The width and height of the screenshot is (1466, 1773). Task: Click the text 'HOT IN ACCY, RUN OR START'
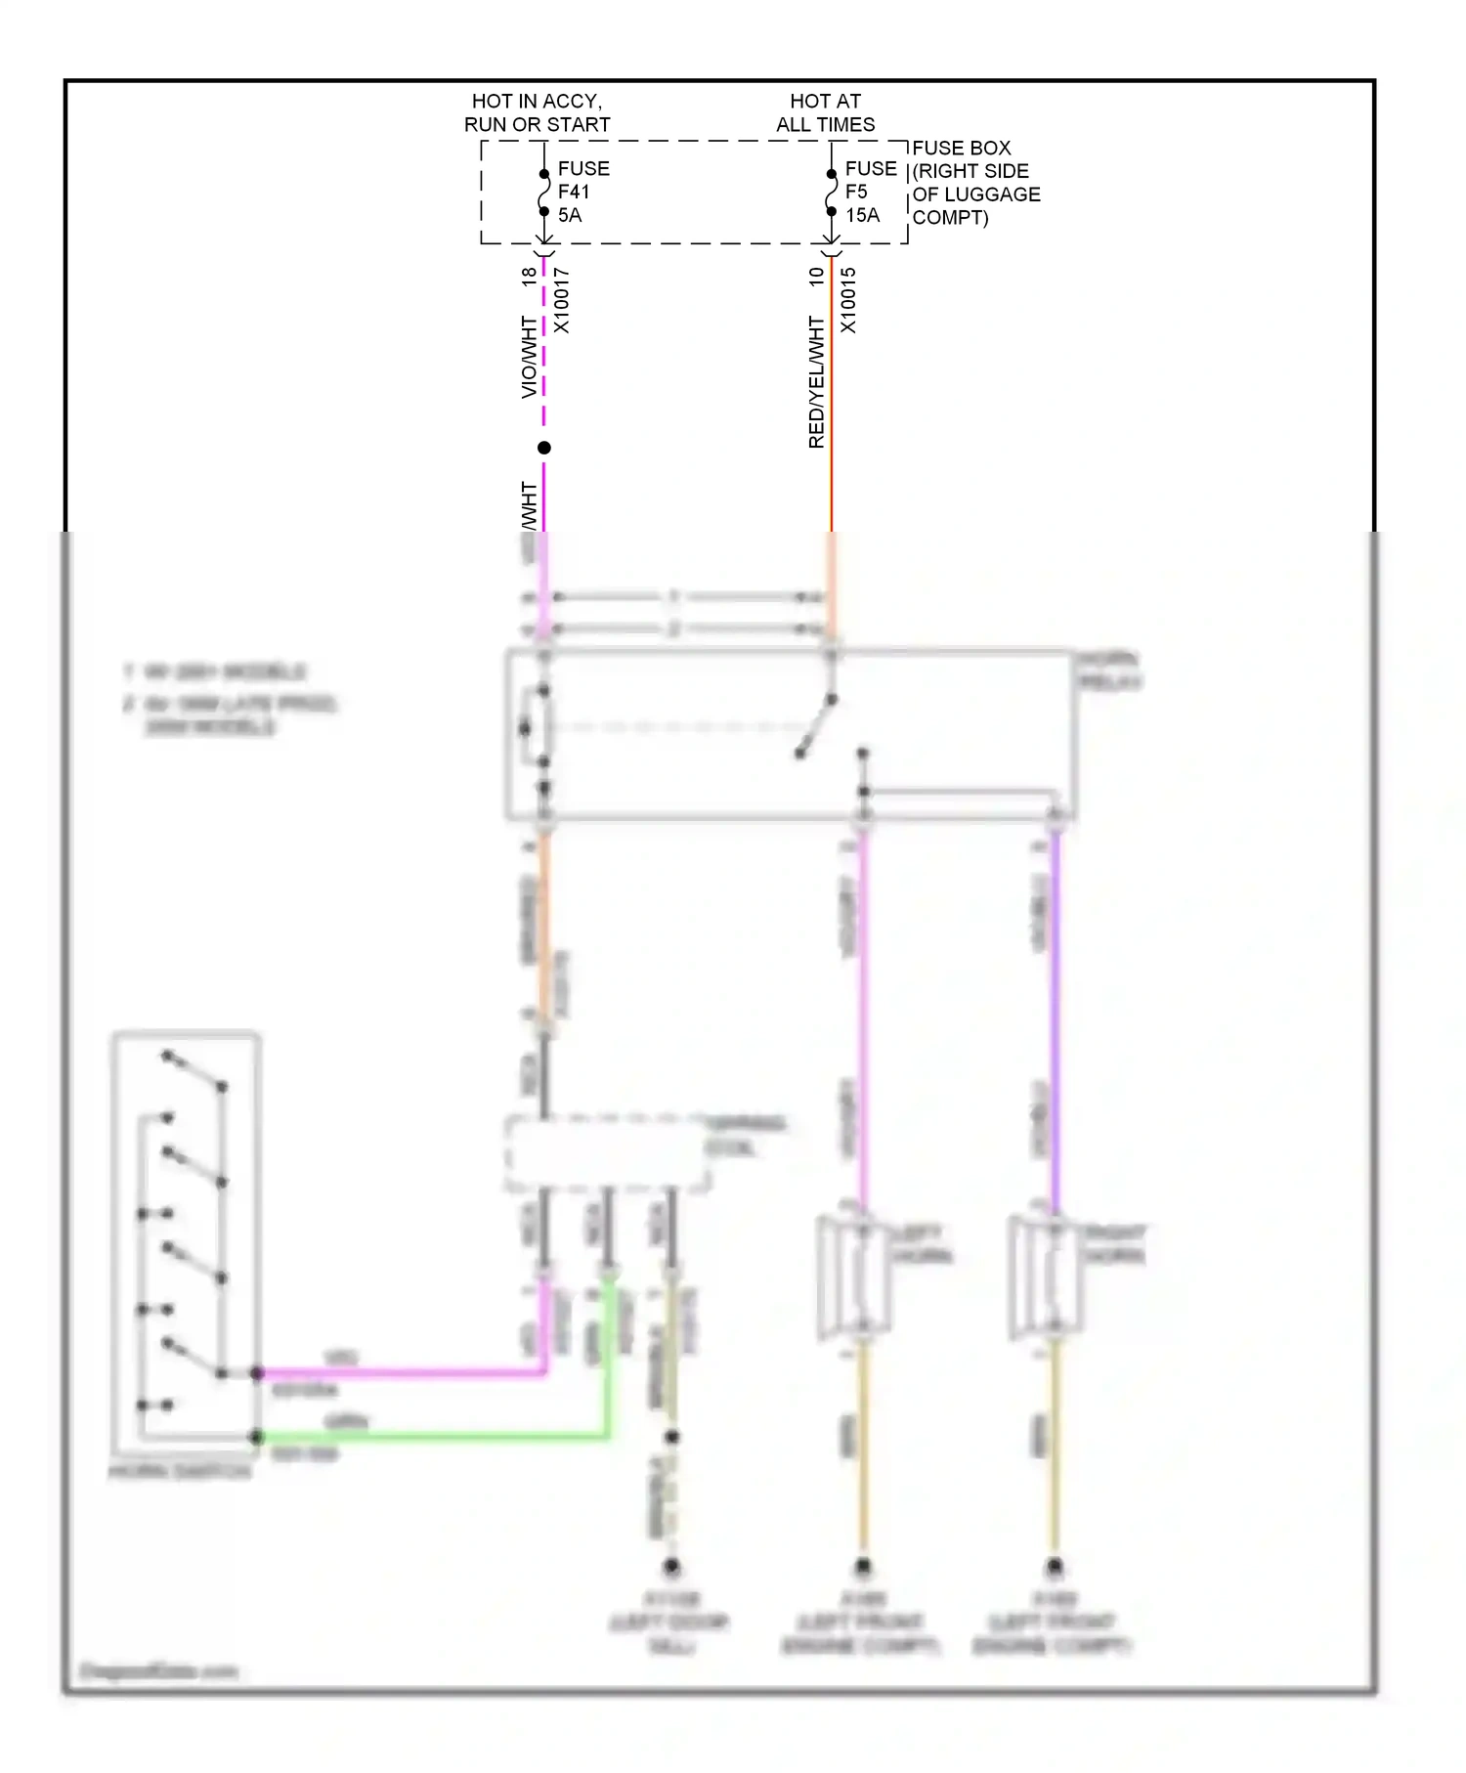point(537,112)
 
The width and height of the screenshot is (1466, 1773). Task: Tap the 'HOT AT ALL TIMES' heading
point(825,112)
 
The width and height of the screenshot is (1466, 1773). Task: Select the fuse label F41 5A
point(582,192)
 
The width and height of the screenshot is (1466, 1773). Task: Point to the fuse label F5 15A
point(870,192)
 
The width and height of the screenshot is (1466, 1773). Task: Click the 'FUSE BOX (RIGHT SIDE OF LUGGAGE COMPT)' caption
point(975,183)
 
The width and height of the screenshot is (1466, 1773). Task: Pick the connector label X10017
point(562,300)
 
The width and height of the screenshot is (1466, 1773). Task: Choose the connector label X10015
point(848,300)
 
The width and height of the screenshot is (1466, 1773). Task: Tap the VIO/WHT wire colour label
point(529,357)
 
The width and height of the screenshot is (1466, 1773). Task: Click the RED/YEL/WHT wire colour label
point(817,382)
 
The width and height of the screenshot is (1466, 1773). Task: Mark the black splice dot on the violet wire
point(544,448)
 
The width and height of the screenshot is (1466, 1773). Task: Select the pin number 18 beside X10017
point(529,277)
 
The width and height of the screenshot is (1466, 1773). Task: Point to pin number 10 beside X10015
point(817,277)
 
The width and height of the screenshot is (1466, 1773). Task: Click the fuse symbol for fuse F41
point(544,193)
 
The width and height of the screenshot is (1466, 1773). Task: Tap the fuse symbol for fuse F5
point(831,193)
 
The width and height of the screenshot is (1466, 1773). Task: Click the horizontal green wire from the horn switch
point(430,1436)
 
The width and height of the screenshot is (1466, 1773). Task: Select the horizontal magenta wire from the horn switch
point(401,1372)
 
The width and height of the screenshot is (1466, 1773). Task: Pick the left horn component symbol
point(853,1276)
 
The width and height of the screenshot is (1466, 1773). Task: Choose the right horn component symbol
point(1045,1276)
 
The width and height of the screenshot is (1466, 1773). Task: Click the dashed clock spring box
point(607,1153)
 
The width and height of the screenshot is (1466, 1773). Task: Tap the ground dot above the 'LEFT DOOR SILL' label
point(671,1566)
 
